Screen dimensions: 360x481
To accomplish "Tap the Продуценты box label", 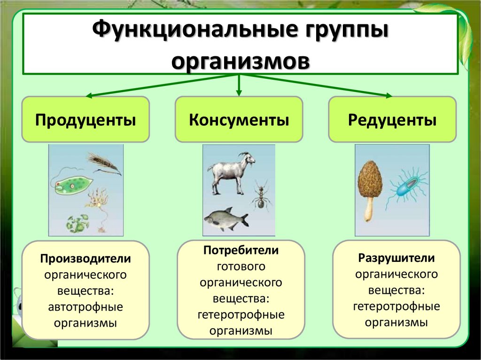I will pyautogui.click(x=86, y=120).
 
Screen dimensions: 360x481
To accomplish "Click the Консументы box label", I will pyautogui.click(x=239, y=120).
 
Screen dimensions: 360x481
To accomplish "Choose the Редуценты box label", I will pyautogui.click(x=392, y=120).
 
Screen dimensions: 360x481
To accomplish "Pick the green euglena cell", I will pyautogui.click(x=70, y=185).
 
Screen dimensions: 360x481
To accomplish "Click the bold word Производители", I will pyautogui.click(x=85, y=259).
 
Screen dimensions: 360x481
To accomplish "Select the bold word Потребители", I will pyautogui.click(x=241, y=251).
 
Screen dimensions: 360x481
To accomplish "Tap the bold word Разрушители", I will pyautogui.click(x=396, y=258).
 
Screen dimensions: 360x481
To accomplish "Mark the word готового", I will pyautogui.click(x=241, y=267).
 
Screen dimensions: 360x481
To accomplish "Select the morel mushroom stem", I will pyautogui.click(x=369, y=209).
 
